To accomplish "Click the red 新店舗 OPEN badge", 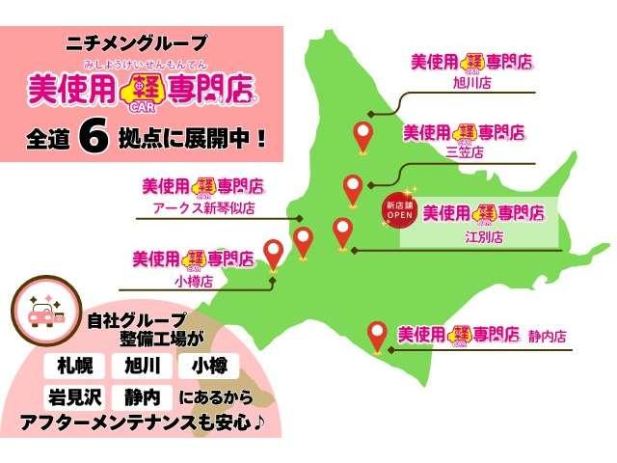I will [x=398, y=212].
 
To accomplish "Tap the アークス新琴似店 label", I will [x=203, y=206].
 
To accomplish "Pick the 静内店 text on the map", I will [x=547, y=337].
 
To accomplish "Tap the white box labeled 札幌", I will [x=71, y=365].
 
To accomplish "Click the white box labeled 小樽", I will [x=209, y=365].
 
